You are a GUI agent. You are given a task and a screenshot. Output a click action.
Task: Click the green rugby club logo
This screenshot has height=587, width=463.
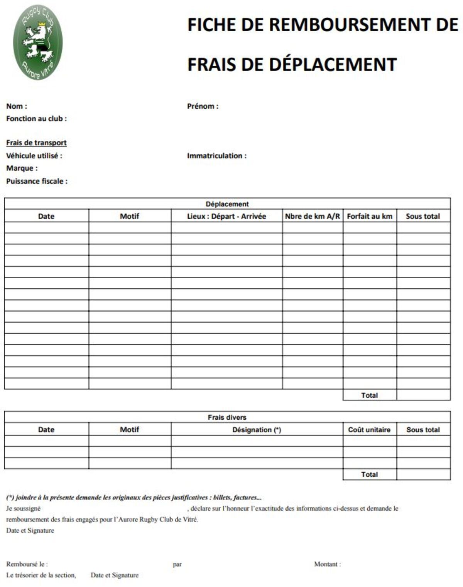(37, 43)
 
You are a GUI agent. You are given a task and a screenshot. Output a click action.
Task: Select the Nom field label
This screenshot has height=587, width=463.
(17, 106)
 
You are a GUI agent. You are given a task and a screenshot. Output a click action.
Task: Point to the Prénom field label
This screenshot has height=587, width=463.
(203, 106)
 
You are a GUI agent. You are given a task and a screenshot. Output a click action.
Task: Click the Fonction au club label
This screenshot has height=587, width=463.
(36, 119)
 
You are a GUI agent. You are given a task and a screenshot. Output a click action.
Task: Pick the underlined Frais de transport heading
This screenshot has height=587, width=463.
(36, 143)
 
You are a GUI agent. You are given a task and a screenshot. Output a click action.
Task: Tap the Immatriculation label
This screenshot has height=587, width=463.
(216, 156)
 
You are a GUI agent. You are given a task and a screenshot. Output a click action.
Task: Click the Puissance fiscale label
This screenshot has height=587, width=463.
(37, 181)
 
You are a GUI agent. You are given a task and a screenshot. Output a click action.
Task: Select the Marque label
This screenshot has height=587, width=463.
(22, 168)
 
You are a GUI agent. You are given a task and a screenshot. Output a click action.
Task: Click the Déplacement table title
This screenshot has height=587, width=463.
(227, 204)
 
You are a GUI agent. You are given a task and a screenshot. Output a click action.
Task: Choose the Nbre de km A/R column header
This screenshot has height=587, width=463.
(312, 216)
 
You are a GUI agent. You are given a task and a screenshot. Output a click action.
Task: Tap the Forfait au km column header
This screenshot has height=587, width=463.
(369, 216)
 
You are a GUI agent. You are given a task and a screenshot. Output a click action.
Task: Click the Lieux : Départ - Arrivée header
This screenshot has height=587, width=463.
(226, 216)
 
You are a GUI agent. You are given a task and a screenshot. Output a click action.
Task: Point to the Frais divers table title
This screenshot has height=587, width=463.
(227, 417)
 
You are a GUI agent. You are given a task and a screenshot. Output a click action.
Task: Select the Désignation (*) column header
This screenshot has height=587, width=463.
(257, 430)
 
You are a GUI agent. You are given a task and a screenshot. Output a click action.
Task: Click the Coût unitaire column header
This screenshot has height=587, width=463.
(369, 430)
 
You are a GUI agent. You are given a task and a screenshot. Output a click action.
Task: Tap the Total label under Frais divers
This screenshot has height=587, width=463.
(369, 474)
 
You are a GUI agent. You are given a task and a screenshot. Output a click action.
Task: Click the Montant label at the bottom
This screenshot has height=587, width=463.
(327, 564)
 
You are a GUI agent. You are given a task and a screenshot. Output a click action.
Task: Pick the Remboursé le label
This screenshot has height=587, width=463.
(27, 564)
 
